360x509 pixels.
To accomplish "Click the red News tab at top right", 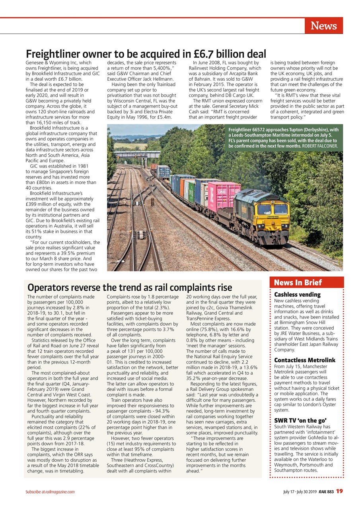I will click(323, 26).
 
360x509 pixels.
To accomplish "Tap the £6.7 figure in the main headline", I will click(207, 54).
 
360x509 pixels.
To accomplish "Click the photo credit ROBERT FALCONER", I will click(320, 146).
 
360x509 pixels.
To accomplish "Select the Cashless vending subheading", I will click(297, 295).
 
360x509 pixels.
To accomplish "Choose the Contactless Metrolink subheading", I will click(305, 360).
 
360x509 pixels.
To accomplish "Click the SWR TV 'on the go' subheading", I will click(300, 421).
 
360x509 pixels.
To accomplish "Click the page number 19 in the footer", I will click(339, 491).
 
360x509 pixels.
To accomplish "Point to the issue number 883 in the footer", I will click(330, 492).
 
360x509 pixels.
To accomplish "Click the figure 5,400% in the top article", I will click(159, 68).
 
